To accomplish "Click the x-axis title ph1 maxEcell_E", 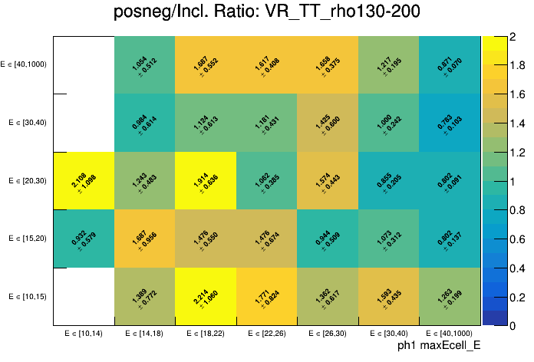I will tap(439, 346).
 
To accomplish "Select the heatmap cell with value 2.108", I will tap(84, 180).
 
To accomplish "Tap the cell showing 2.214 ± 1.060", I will tap(206, 296).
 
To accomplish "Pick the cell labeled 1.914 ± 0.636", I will tap(206, 180).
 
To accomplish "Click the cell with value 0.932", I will tap(84, 239).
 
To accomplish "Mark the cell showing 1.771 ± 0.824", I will tap(267, 296).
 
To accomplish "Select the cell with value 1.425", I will tap(328, 123).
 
